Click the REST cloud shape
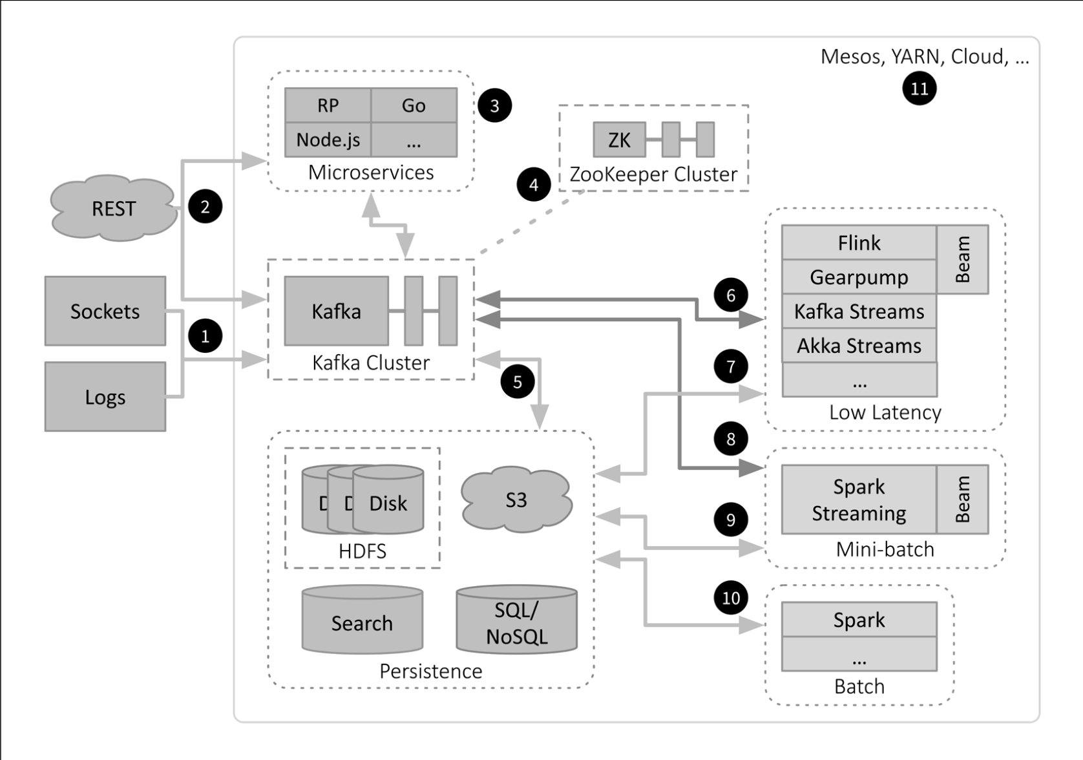coord(113,208)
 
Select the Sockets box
coord(105,311)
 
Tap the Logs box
coord(105,396)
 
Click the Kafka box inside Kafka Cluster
coord(337,311)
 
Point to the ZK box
coord(619,140)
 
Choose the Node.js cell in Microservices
coord(328,140)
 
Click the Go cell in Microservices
coord(414,105)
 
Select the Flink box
coord(859,242)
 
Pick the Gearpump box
coord(859,277)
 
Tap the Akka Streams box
coord(859,345)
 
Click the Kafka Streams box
coord(859,311)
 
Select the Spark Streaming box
coord(859,500)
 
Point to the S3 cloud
coord(516,500)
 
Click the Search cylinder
coord(362,619)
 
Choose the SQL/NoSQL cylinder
coord(516,619)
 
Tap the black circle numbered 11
coord(919,88)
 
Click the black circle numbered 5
coord(518,381)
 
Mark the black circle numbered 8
coord(731,439)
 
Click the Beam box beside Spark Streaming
coord(963,500)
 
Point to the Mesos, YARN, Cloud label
coord(925,57)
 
